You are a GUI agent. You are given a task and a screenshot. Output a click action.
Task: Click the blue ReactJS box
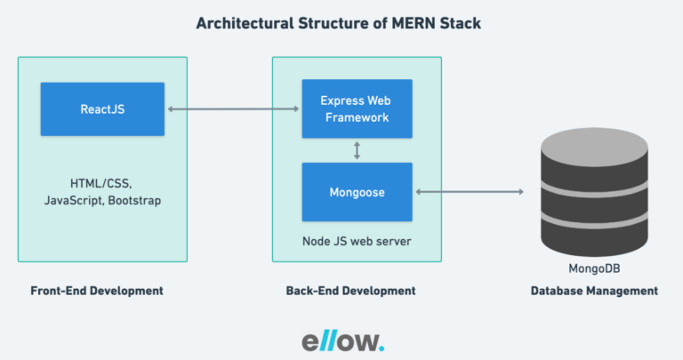point(102,108)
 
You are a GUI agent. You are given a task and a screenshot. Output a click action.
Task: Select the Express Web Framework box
point(356,108)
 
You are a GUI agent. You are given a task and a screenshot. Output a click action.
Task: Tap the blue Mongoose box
point(356,191)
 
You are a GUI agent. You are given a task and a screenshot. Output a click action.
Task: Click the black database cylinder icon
point(593,192)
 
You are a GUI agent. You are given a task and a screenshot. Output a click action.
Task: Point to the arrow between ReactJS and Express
point(233,109)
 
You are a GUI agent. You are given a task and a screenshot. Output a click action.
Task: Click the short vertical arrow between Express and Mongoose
point(357,150)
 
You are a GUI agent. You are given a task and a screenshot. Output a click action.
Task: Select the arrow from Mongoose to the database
point(468,192)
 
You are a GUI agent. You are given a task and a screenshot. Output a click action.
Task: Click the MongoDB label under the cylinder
point(593,268)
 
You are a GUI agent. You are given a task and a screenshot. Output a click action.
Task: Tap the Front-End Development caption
point(97,291)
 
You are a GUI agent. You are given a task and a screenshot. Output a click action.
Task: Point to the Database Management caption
point(594,291)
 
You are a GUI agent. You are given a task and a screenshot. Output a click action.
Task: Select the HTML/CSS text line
point(100,184)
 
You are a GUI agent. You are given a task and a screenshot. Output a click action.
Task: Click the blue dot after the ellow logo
point(382,348)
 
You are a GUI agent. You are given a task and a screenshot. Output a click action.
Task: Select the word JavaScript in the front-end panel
point(73,202)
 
